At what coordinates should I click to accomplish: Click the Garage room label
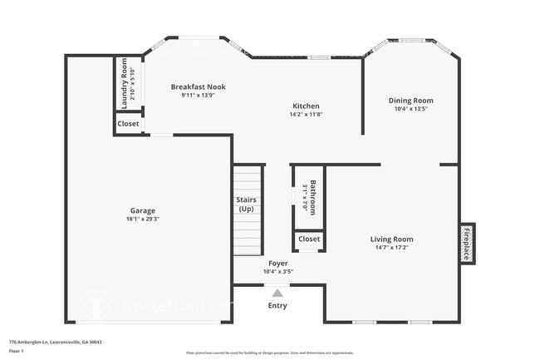[x=143, y=210]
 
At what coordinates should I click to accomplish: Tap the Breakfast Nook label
[x=198, y=86]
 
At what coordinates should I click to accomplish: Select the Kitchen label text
[x=306, y=106]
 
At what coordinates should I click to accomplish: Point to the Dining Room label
[x=411, y=101]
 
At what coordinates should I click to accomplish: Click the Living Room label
[x=391, y=239]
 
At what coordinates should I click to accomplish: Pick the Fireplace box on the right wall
[x=467, y=244]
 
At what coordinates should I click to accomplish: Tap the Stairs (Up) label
[x=247, y=204]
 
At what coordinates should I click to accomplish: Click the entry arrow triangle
[x=277, y=292]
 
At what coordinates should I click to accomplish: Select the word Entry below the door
[x=277, y=305]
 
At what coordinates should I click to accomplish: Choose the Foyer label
[x=277, y=263]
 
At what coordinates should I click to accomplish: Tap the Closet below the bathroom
[x=309, y=239]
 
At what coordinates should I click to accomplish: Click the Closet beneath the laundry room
[x=128, y=124]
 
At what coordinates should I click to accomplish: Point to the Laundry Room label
[x=125, y=83]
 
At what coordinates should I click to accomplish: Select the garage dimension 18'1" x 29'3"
[x=143, y=219]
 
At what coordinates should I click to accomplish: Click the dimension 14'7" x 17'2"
[x=391, y=247]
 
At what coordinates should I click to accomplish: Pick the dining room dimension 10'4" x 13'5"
[x=411, y=108]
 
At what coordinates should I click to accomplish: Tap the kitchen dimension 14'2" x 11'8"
[x=306, y=114]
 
